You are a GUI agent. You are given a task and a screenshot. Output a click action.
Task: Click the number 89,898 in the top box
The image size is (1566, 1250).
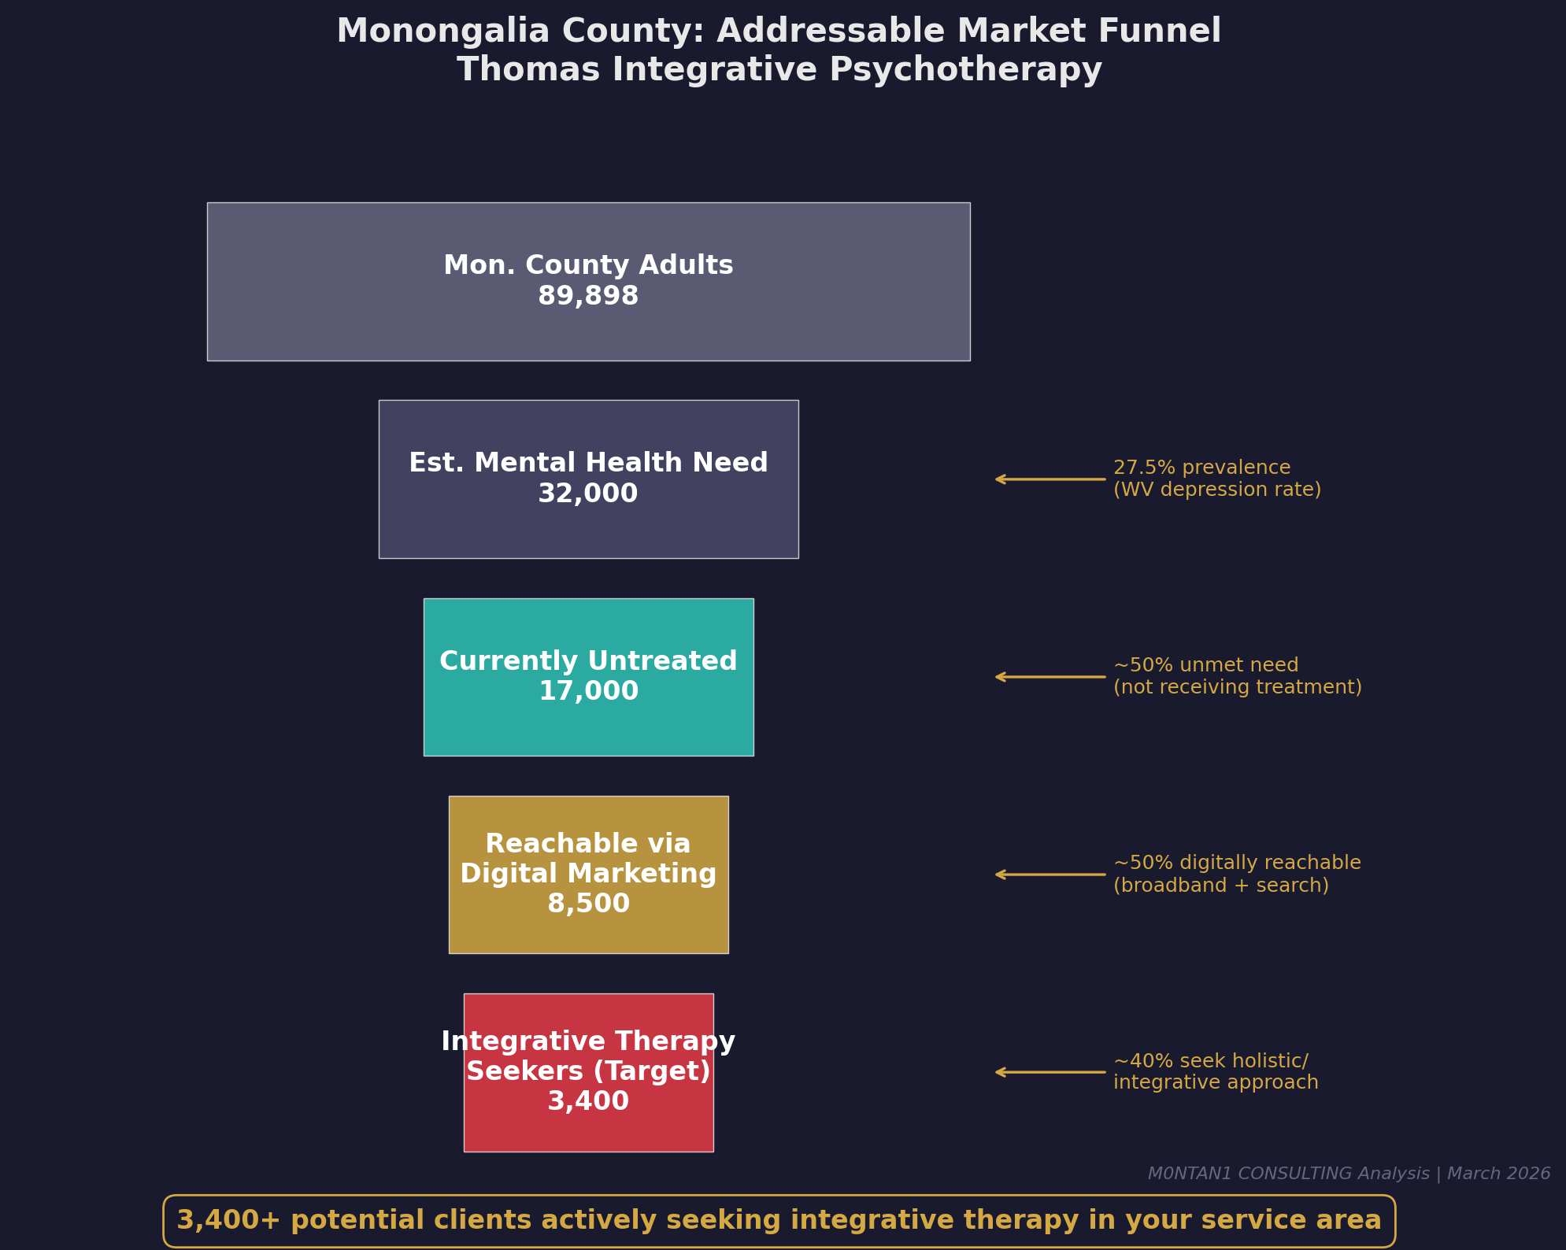coord(588,297)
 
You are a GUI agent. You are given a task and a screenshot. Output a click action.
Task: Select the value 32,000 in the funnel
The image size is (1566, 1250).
coord(588,494)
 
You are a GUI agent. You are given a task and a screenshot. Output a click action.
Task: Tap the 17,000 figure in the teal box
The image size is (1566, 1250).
coord(588,692)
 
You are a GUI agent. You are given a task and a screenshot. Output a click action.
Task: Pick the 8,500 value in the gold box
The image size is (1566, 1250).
coord(588,904)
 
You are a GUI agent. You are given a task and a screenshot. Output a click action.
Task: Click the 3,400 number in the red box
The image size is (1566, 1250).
coord(588,1101)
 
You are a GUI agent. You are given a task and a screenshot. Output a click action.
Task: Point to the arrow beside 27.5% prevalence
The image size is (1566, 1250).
coord(1050,479)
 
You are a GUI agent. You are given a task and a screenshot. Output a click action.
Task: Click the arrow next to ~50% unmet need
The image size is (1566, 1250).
coord(1050,677)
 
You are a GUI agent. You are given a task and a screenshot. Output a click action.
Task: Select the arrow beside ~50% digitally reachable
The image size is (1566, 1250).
coord(1050,875)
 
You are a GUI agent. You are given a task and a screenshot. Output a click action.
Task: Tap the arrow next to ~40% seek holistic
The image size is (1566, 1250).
coord(1050,1072)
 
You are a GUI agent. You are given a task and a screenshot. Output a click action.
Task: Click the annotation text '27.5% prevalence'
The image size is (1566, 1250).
coord(1201,468)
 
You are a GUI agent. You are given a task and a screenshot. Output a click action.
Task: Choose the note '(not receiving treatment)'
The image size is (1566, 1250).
coord(1237,688)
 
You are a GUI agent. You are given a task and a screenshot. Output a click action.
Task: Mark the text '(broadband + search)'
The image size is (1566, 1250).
coord(1220,886)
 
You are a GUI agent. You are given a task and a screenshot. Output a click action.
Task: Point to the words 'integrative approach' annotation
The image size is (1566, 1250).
coord(1216,1083)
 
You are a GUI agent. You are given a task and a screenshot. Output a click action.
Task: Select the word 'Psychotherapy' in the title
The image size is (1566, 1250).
coord(965,71)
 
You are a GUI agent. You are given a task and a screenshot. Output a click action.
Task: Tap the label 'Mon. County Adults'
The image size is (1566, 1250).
coord(588,266)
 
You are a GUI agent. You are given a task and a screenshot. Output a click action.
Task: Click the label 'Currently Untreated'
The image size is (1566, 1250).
coord(588,661)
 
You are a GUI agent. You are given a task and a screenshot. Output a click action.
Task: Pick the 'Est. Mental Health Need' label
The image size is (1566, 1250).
coord(588,464)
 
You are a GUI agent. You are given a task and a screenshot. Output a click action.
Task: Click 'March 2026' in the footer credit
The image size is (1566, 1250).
coord(1498,1174)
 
